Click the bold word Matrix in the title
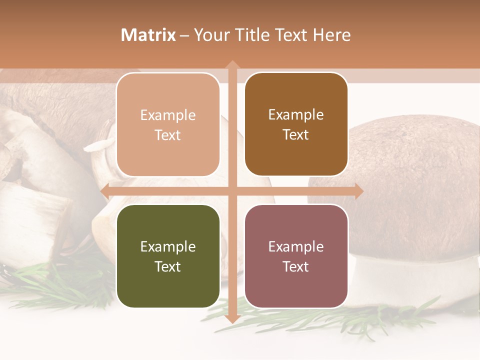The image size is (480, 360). click(x=148, y=35)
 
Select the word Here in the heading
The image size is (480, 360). click(x=331, y=35)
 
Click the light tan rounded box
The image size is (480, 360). click(x=168, y=125)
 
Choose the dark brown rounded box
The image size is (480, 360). click(x=296, y=124)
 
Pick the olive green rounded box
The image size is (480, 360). click(x=168, y=256)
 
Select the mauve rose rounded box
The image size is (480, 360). click(x=296, y=256)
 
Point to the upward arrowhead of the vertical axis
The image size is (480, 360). click(x=232, y=64)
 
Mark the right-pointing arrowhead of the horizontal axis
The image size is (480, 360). click(x=358, y=191)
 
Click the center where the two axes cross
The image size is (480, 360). click(x=232, y=191)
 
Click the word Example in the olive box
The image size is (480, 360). click(x=168, y=246)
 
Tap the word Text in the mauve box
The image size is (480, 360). click(x=296, y=266)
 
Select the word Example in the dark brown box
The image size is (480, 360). click(x=296, y=115)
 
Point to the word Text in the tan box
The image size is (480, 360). click(x=168, y=135)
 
